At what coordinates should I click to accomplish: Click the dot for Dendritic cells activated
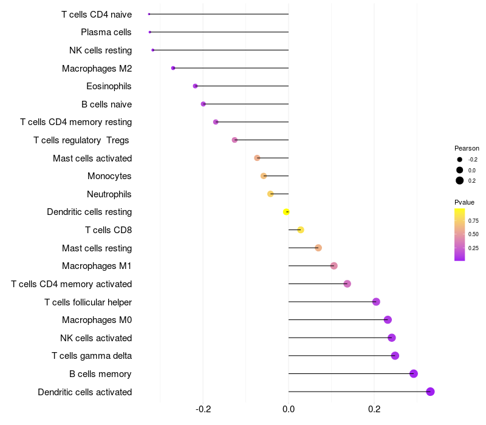coord(430,392)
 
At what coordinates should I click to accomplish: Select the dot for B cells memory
coord(414,373)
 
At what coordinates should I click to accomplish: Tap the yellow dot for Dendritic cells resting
coord(286,212)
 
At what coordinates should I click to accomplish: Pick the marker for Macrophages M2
coord(173,68)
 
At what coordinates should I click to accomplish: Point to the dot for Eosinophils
coord(195,86)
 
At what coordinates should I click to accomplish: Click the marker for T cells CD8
coord(301,229)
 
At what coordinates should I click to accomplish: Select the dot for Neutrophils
coord(270,194)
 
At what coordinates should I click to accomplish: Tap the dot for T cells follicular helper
coord(376,302)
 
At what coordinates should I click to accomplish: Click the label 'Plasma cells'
coord(106,32)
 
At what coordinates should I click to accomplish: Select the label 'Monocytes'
coord(109,176)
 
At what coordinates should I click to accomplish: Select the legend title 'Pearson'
coord(467,148)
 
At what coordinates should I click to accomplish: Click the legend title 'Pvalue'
coord(464,202)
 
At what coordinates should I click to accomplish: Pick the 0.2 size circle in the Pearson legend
coord(460,180)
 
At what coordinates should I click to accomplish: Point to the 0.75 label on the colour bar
coord(473,220)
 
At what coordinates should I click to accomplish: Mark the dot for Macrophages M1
coord(334,266)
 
